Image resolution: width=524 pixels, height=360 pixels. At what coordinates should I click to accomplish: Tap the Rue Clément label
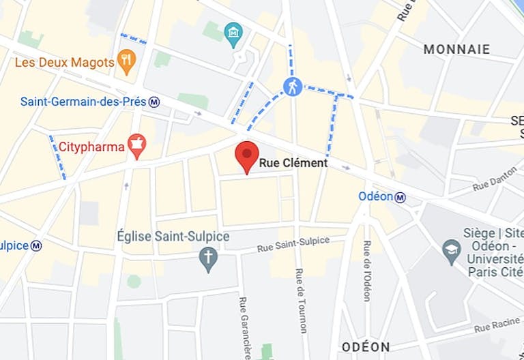pos(293,164)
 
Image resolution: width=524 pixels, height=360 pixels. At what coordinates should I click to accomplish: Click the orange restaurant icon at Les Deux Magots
pos(126,61)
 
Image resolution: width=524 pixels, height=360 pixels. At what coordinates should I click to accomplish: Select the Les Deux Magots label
pos(64,63)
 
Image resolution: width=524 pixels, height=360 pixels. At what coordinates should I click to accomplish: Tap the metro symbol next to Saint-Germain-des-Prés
pos(155,102)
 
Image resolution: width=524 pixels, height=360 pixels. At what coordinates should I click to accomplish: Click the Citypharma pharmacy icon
pos(137,145)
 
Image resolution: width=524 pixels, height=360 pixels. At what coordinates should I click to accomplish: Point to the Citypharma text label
pos(91,147)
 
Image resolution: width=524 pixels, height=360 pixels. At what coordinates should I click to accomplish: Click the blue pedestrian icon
pos(293,86)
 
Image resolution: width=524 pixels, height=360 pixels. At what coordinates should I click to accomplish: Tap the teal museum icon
pos(233,33)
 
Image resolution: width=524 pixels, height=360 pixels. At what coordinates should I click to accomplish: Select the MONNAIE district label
pos(456,49)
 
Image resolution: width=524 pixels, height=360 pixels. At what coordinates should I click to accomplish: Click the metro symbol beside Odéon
pos(401,197)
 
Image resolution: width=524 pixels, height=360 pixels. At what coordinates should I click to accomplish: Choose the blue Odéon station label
pos(375,196)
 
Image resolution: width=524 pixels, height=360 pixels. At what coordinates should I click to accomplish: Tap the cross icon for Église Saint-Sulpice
pos(208,258)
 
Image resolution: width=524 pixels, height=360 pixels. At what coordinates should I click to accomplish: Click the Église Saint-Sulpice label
pos(173,237)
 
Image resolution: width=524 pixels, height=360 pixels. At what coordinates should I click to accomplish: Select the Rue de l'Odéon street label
pos(367,271)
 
